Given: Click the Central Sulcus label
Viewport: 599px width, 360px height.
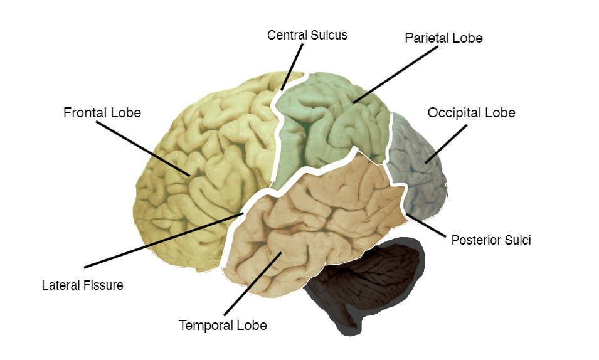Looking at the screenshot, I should (307, 35).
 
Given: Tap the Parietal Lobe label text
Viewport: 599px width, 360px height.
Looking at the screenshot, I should (443, 38).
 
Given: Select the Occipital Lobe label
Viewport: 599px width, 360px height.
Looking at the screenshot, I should (471, 113).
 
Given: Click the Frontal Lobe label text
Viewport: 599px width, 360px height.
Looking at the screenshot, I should (102, 113).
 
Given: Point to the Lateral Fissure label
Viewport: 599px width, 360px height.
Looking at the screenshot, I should (83, 285).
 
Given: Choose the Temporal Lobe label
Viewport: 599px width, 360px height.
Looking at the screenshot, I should (223, 326).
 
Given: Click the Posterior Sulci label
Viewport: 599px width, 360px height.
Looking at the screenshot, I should (491, 240).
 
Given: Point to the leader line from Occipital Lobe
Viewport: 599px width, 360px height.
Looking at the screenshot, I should (447, 144).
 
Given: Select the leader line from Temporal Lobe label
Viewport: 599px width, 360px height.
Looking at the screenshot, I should (250, 283).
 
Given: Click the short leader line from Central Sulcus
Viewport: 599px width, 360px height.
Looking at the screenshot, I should (292, 67).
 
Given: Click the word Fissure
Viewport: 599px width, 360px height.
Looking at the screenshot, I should (103, 285).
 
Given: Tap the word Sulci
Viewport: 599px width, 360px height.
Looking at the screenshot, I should (518, 240).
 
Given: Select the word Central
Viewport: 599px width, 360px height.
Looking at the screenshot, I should (287, 35).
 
